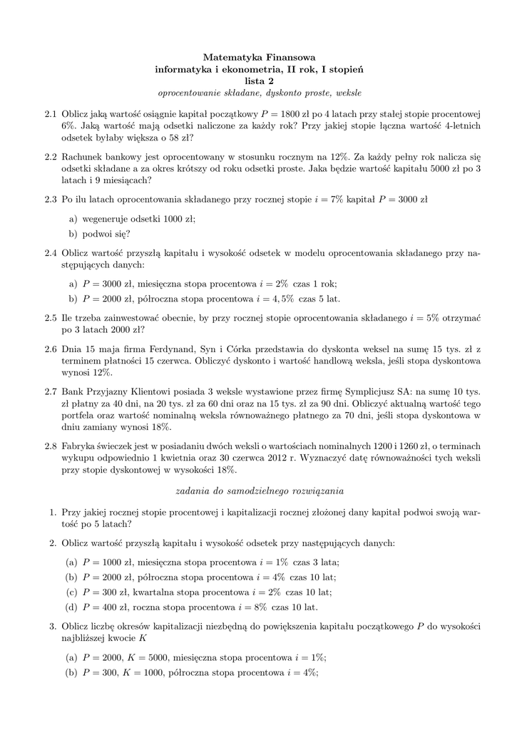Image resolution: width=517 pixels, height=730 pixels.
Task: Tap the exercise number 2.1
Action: [50, 113]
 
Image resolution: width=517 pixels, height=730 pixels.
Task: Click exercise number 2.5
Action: [50, 318]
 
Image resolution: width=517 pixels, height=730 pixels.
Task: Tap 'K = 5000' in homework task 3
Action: [150, 658]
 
